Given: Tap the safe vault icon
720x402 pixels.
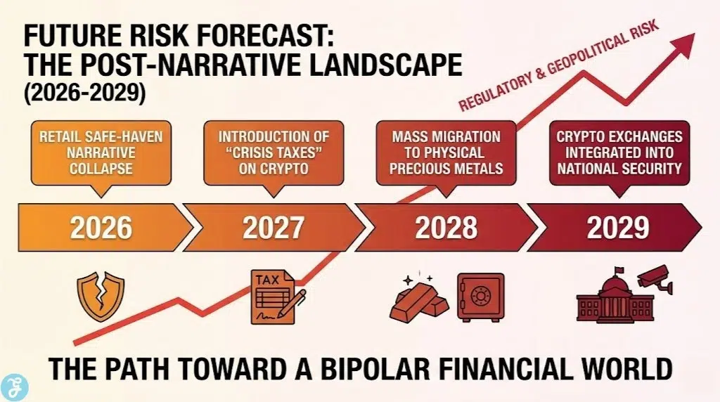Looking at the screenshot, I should [480, 297].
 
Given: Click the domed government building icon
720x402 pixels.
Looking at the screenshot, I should [604, 299].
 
